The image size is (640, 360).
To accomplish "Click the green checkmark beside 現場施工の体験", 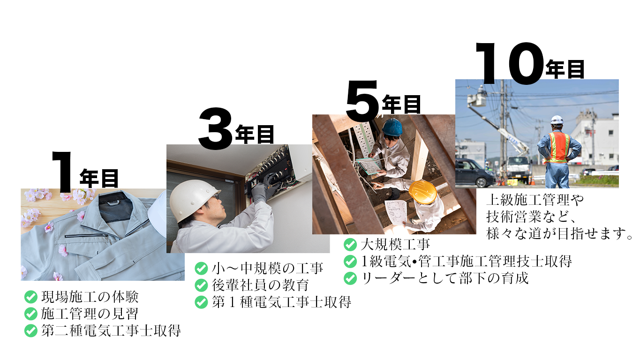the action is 31,297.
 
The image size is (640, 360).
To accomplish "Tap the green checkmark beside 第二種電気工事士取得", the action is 31,331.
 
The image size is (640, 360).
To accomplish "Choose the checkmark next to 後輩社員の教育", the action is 201,285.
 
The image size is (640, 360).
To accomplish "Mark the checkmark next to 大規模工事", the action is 350,245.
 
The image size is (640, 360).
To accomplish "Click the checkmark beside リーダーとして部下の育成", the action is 350,278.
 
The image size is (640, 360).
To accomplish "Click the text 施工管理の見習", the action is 90,314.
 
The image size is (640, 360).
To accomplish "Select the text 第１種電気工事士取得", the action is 281,302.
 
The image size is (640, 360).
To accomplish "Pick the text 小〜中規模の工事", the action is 267,268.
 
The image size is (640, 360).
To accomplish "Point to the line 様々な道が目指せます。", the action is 559,233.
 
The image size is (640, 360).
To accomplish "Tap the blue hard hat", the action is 392,127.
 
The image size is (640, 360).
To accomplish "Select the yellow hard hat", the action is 423,192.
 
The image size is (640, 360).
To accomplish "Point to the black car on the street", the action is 474,173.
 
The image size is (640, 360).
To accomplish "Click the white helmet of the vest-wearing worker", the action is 557,120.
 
